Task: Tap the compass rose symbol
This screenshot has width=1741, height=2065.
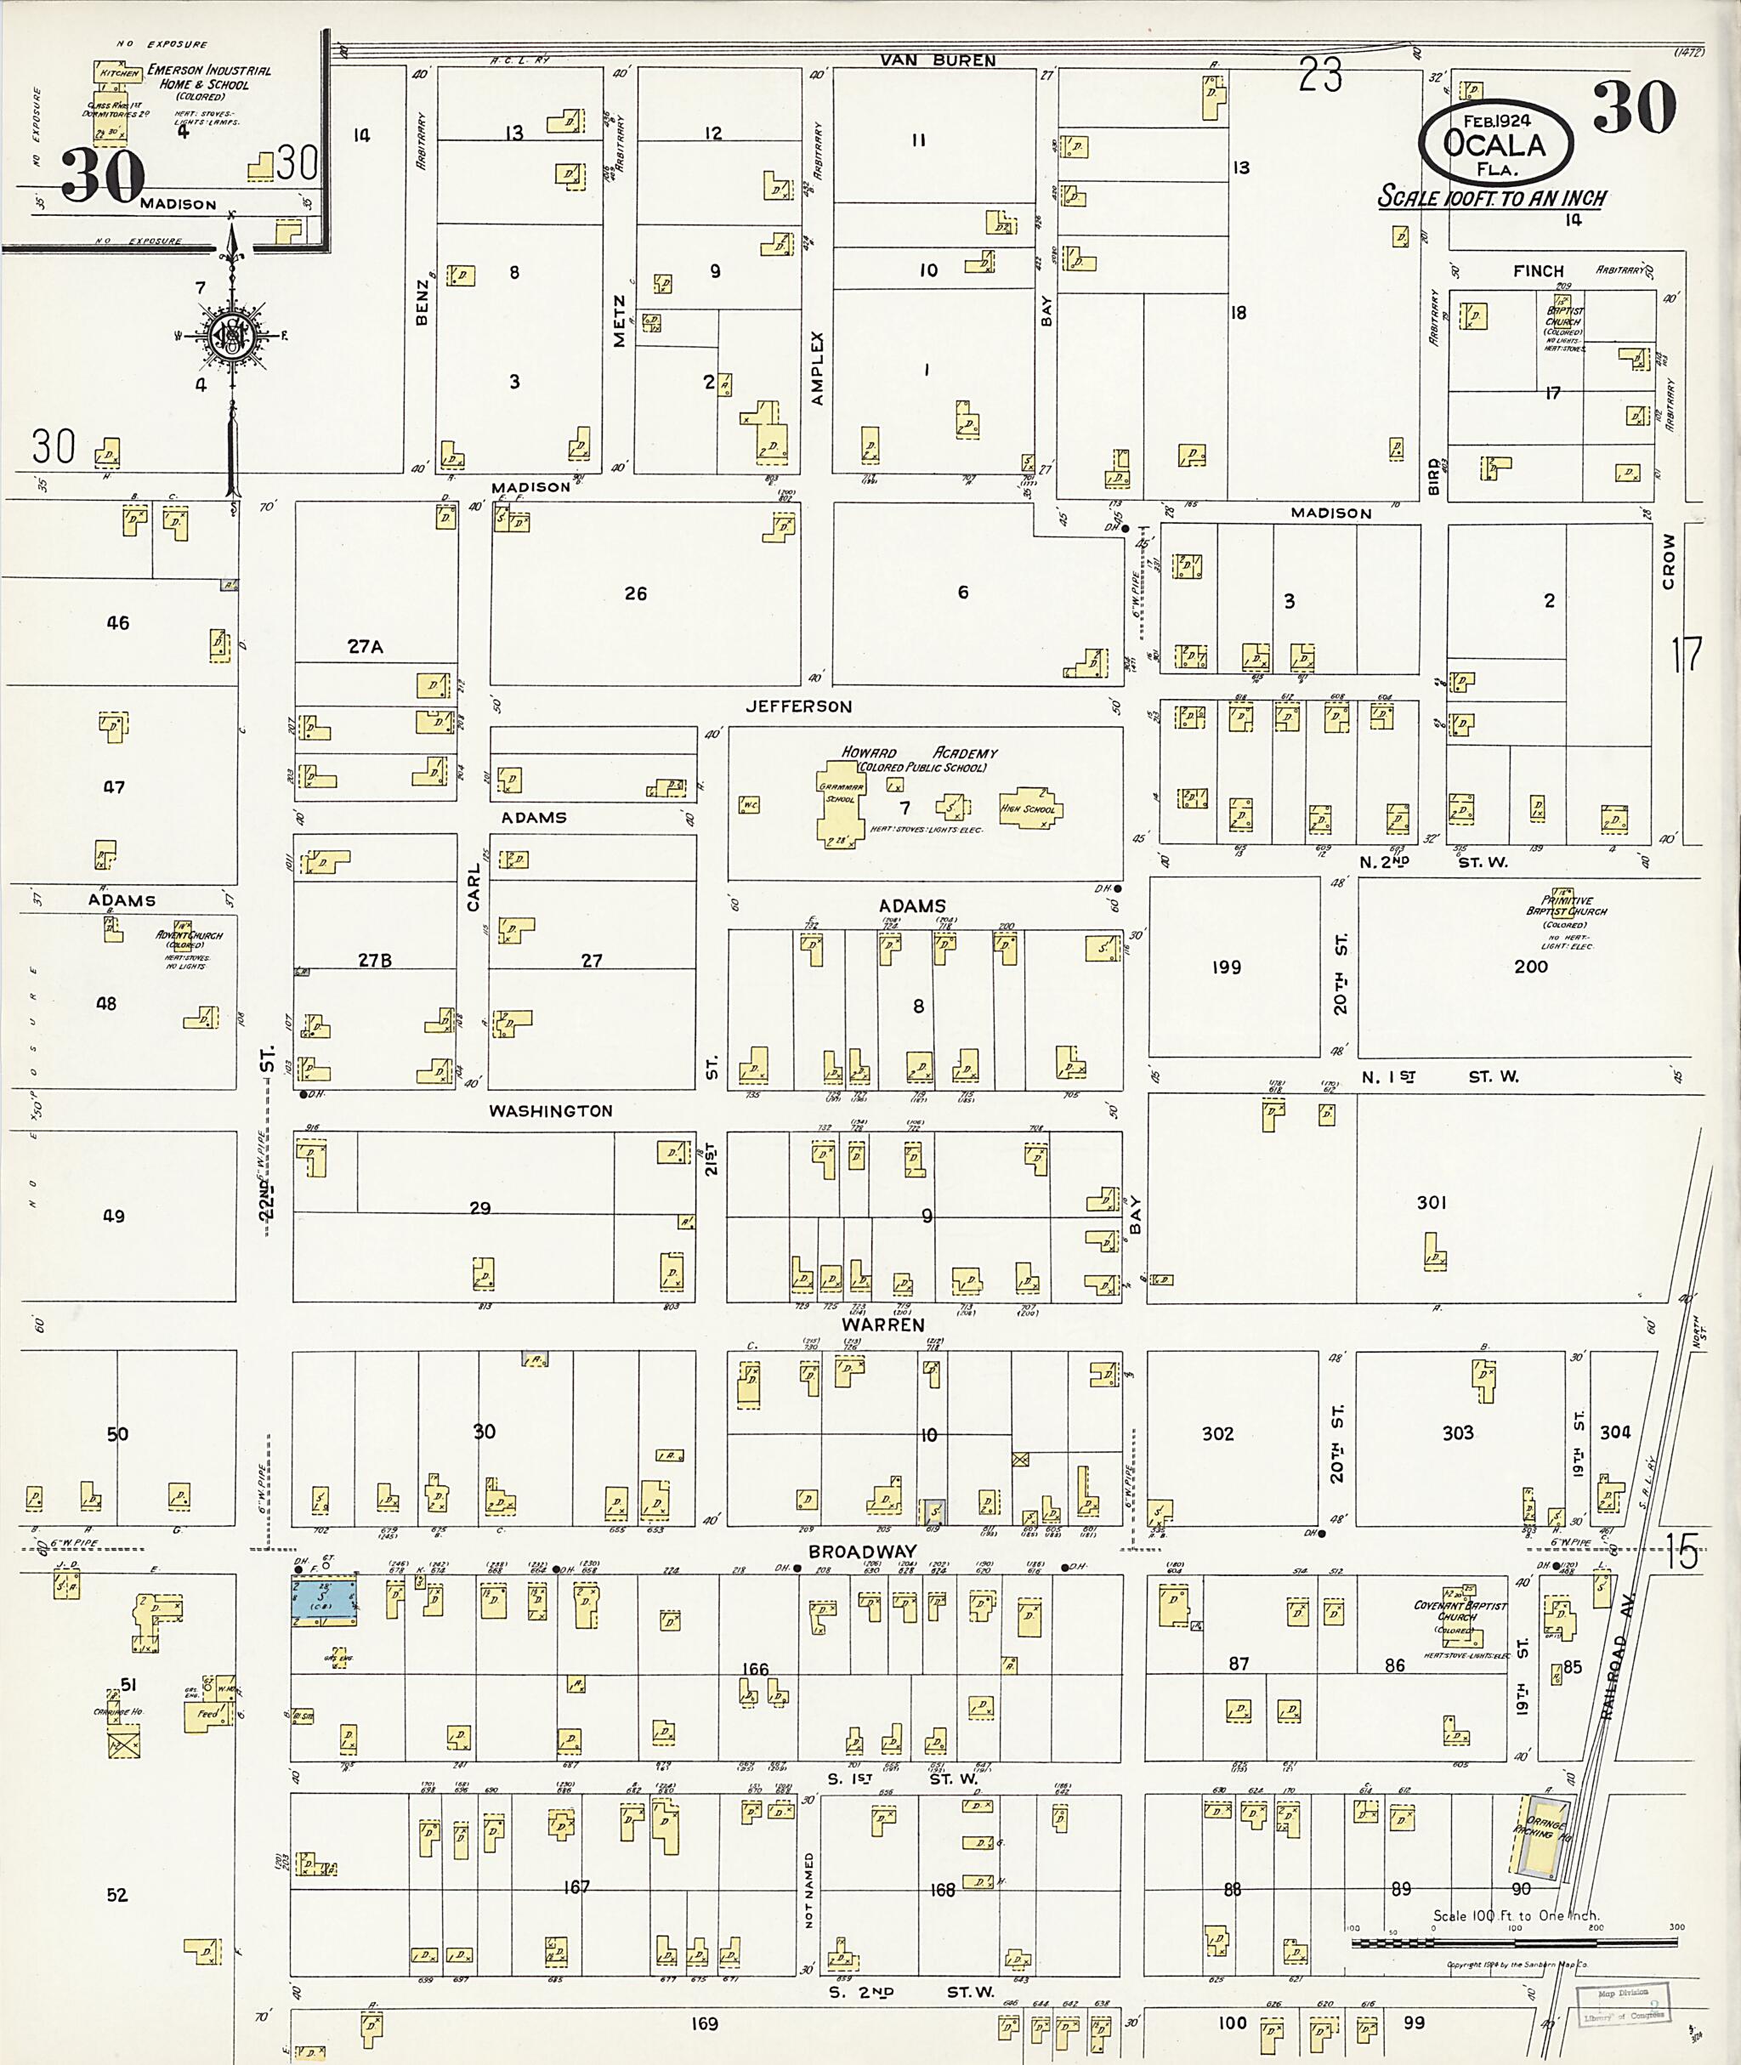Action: tap(231, 336)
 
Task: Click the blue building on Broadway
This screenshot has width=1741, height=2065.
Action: tap(324, 1597)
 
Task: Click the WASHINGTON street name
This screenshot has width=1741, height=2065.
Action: tap(551, 1110)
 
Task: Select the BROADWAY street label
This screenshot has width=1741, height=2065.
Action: tap(862, 1552)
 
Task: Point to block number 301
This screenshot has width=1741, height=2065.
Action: tap(1431, 1202)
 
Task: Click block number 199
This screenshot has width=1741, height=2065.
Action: tap(1226, 967)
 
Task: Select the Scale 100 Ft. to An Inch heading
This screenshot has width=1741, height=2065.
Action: tap(1491, 197)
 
